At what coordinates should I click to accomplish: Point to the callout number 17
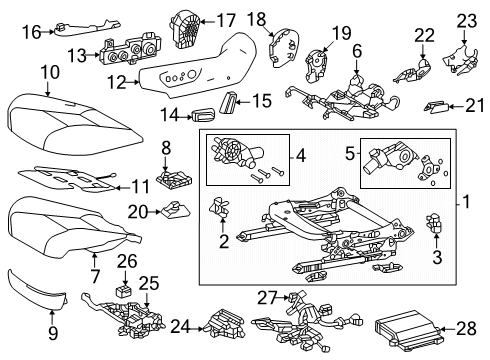tap(227, 19)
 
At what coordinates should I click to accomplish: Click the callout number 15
tap(262, 101)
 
